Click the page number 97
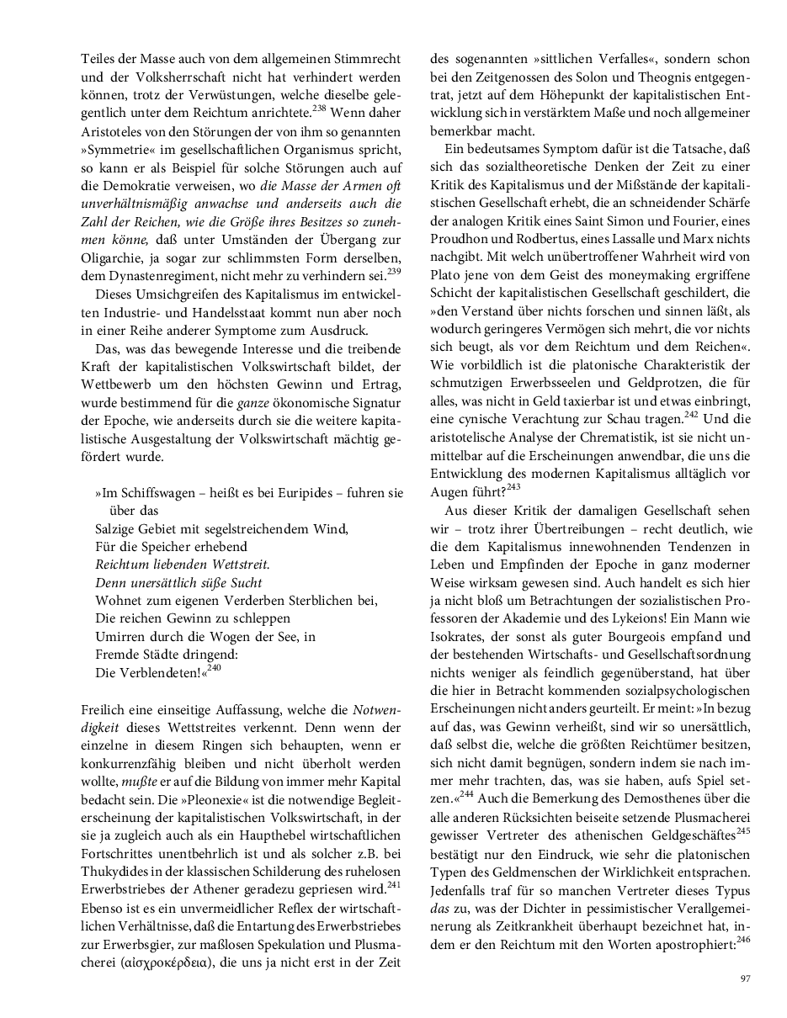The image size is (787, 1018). [745, 978]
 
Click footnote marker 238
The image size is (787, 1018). [320, 107]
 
